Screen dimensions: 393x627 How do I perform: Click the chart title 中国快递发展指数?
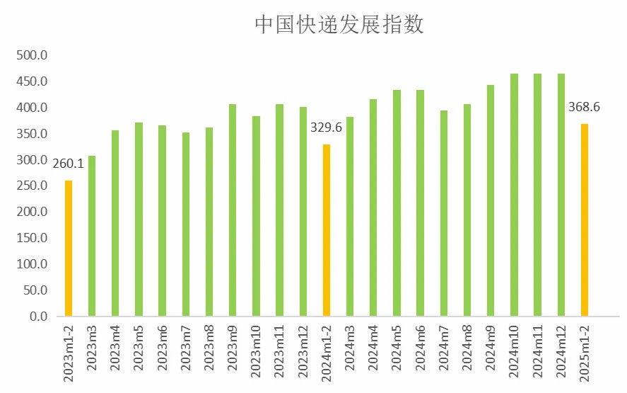click(x=339, y=25)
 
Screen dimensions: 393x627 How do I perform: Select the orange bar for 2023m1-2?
click(x=69, y=248)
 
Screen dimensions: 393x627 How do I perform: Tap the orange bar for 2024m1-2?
click(x=327, y=230)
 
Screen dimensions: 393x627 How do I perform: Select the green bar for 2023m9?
click(x=233, y=210)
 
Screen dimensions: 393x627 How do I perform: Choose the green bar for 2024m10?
click(x=514, y=195)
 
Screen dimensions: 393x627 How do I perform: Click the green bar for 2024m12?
click(x=561, y=195)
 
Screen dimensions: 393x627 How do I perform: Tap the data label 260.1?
click(x=68, y=164)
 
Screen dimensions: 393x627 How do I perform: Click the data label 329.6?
click(x=326, y=128)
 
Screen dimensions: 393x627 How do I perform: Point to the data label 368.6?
click(x=584, y=108)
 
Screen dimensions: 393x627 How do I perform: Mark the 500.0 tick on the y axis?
click(x=33, y=56)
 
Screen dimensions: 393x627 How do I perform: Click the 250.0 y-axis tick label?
click(x=33, y=186)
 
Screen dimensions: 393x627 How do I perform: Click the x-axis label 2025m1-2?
click(x=585, y=354)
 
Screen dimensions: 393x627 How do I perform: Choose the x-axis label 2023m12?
click(x=303, y=353)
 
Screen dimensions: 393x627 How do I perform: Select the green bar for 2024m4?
click(x=373, y=207)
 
